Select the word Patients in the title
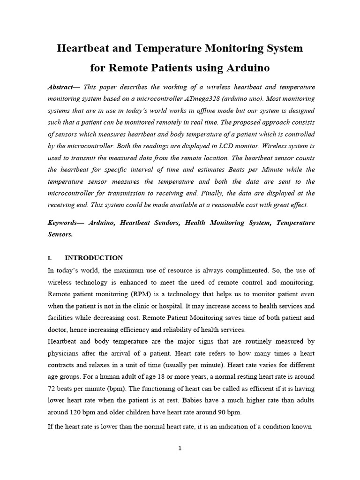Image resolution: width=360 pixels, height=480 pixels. tap(169, 68)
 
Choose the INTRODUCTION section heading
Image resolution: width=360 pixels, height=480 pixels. tap(94, 258)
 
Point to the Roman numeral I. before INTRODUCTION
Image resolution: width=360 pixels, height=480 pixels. tap(50, 258)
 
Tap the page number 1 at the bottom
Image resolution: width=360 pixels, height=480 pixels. tap(180, 448)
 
